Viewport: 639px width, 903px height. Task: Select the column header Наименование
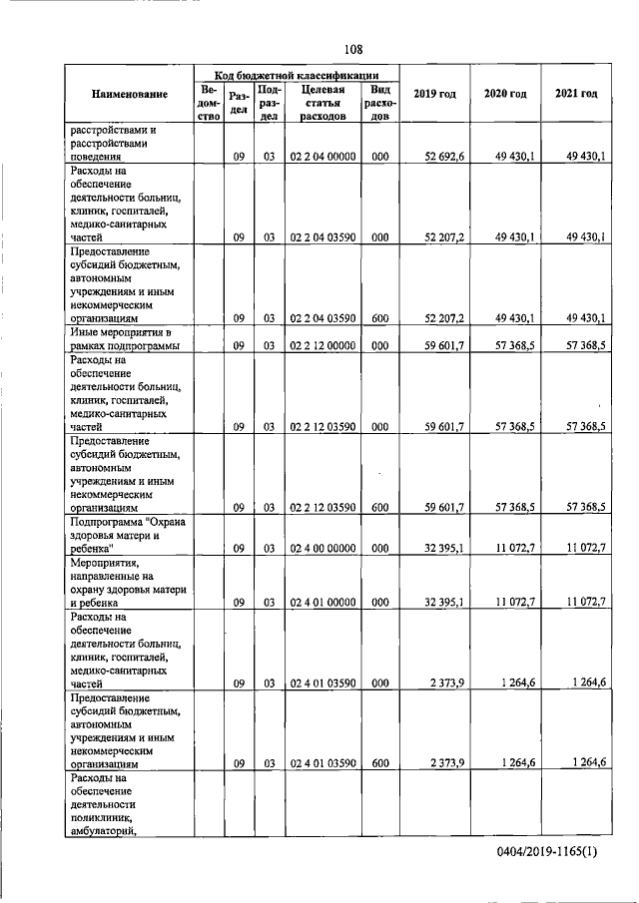[129, 94]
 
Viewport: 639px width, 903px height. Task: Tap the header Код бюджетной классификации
[298, 74]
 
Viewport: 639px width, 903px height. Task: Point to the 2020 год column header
[504, 94]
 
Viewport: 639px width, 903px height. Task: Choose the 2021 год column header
[576, 94]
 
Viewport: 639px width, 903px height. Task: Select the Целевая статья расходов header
[322, 102]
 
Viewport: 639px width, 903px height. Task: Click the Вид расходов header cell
[379, 102]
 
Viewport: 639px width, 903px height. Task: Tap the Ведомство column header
[209, 102]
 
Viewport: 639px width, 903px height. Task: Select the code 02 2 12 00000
[322, 345]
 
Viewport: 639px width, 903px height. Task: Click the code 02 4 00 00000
[322, 548]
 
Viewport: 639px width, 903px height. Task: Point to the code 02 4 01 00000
[322, 603]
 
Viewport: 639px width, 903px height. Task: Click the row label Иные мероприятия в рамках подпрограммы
[124, 338]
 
